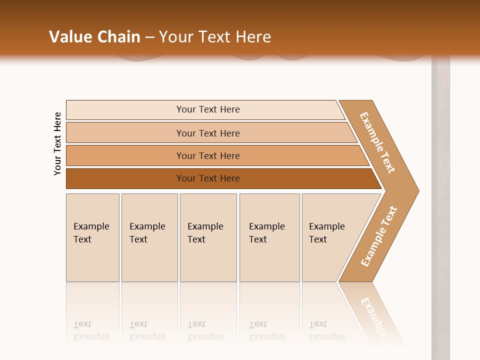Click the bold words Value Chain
coord(94,37)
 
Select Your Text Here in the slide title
coord(215,37)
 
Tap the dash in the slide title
coord(149,37)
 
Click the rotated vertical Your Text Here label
coord(57,143)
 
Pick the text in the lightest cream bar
coord(208,109)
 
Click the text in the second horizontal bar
coord(208,133)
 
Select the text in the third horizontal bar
coord(208,155)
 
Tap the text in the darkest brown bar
coord(208,178)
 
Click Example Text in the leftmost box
coord(91,232)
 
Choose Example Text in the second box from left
coord(147,232)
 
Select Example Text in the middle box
coord(205,232)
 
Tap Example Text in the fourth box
coord(266,232)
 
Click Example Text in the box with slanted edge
coord(326,232)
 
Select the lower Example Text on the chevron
coord(379,236)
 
